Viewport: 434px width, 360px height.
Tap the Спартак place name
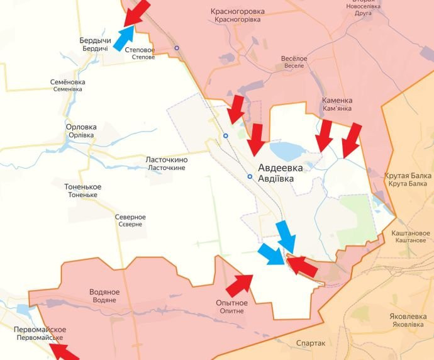coord(311,343)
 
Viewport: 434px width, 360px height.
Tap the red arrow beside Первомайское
coord(65,351)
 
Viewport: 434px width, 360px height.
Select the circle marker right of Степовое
coord(177,48)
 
